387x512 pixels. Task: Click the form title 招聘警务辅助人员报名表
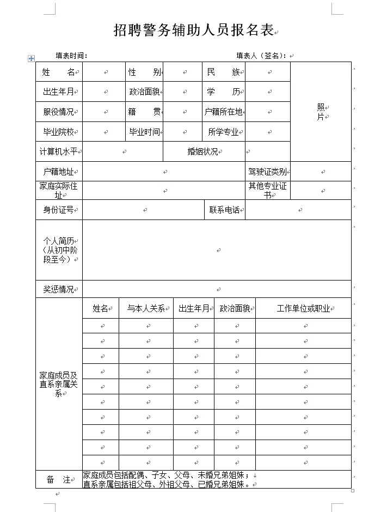193,31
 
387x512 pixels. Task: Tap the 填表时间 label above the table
71,56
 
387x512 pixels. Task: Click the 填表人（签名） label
262,56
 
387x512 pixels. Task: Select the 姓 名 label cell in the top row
58,72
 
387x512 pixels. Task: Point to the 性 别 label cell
144,72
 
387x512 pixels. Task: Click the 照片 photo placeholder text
321,112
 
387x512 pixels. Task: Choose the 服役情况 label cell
58,112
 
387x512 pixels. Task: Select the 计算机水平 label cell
59,151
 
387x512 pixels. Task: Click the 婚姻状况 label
202,151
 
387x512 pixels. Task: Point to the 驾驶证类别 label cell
267,172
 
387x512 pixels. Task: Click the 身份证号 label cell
58,210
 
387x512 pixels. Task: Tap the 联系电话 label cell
224,210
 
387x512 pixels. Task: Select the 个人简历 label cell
58,250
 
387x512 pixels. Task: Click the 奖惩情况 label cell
58,289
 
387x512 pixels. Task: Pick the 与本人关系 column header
145,308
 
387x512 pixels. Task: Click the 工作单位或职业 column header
303,308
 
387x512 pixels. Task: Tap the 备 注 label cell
59,479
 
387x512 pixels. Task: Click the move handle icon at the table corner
31,58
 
